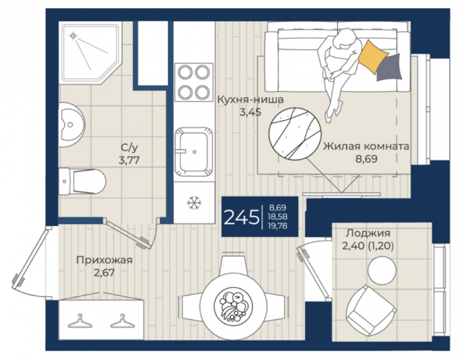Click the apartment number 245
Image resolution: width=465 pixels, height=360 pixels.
pos(241,217)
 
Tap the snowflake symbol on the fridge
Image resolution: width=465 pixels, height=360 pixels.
pos(194,203)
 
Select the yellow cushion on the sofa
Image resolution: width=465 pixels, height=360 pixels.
pos(373,57)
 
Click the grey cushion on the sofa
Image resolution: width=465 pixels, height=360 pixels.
pos(390,68)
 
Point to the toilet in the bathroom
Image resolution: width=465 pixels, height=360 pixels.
pos(82,181)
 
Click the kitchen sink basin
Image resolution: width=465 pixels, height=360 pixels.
pos(194,151)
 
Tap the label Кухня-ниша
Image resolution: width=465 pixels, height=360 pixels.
pos(250,100)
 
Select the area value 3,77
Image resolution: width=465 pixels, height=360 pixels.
pos(129,160)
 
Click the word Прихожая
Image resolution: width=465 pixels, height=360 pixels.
pos(105,260)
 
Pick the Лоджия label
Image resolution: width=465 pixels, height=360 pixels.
pos(368,233)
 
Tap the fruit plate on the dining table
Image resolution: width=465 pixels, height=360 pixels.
pos(233,307)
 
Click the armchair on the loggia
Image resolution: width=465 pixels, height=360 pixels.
pos(371,310)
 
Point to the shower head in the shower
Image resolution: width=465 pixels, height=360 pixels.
pos(73,36)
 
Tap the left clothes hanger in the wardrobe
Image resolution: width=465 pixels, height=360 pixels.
pos(80,321)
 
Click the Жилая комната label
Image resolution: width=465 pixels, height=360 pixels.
pos(366,146)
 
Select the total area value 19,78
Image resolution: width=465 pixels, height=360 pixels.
pos(278,226)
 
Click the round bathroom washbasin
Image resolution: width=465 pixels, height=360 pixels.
pos(71,124)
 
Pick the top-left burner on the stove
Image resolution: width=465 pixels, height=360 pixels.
pos(185,72)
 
